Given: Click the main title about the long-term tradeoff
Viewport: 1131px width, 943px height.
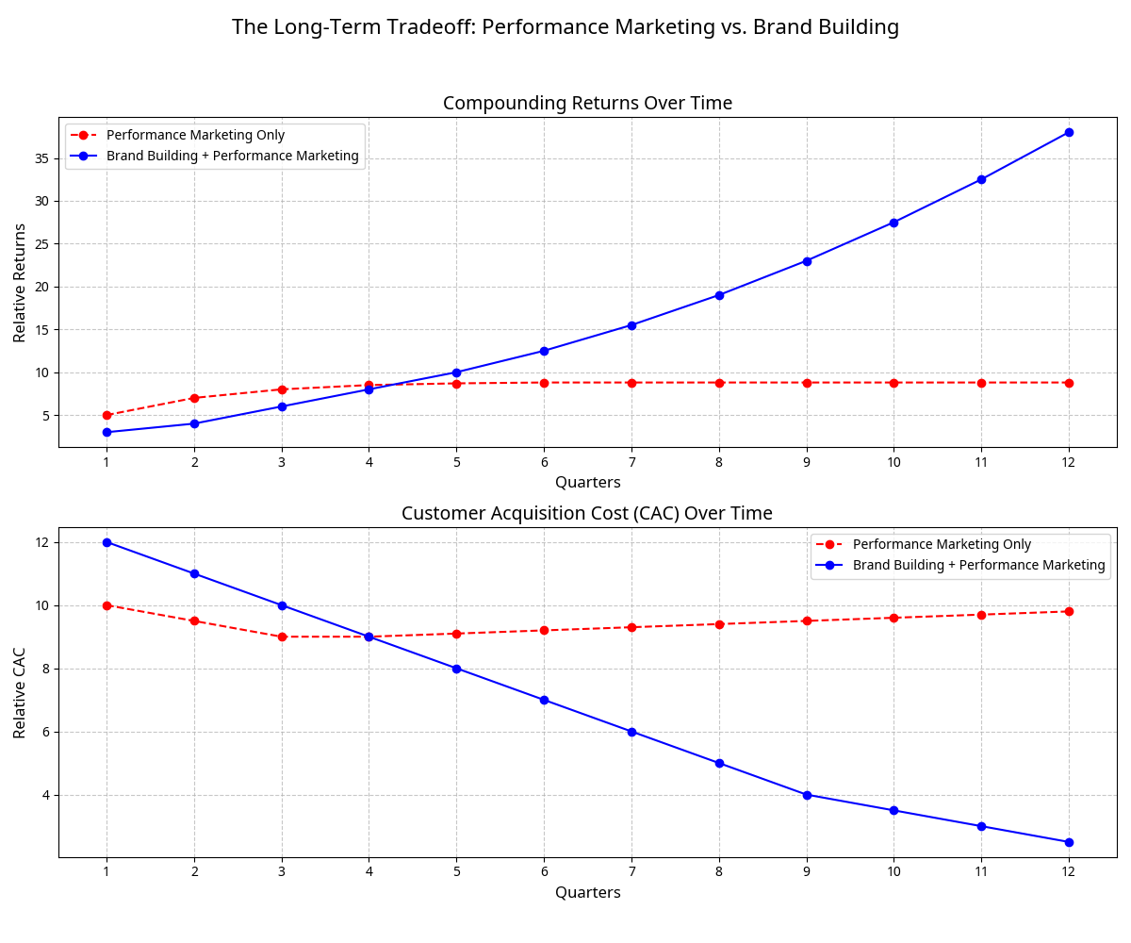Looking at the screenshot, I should tap(565, 27).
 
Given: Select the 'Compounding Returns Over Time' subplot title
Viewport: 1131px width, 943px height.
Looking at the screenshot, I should tap(587, 103).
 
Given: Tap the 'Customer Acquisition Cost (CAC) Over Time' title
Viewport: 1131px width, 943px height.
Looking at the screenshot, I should tap(587, 513).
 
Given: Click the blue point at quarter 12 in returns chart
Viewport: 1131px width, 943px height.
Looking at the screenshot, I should tap(1069, 132).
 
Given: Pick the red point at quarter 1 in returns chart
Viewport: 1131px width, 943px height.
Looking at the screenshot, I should tap(107, 415).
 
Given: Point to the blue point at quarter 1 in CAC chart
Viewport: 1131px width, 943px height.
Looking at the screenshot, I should tap(107, 542).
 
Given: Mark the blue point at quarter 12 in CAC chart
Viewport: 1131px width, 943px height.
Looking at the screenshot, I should tap(1069, 842).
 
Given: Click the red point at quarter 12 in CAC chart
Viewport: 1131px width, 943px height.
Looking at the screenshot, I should tap(1069, 611).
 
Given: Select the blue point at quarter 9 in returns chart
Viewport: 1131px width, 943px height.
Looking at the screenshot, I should tap(807, 261).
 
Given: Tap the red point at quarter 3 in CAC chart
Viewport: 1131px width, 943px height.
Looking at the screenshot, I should tap(282, 637).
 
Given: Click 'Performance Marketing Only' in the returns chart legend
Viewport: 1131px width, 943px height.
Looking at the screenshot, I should tap(195, 135).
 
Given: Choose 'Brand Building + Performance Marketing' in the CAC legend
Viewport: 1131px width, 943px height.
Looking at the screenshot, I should tap(978, 565).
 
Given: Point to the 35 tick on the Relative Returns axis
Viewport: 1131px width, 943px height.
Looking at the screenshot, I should tap(41, 158).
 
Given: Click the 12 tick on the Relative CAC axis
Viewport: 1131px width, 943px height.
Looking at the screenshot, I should tap(41, 542).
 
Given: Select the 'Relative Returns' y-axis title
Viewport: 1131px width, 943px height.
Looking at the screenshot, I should tap(20, 283).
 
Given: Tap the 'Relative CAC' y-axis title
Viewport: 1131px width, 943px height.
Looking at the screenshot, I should tap(20, 693).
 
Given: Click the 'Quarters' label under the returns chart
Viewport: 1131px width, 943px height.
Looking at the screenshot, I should tap(587, 482).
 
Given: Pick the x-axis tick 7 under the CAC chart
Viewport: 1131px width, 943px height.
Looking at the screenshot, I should tap(631, 871).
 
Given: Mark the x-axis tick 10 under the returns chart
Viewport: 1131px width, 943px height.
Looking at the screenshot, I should tap(893, 462).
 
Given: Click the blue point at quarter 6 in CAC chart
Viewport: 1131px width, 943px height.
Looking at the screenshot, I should tap(544, 700).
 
